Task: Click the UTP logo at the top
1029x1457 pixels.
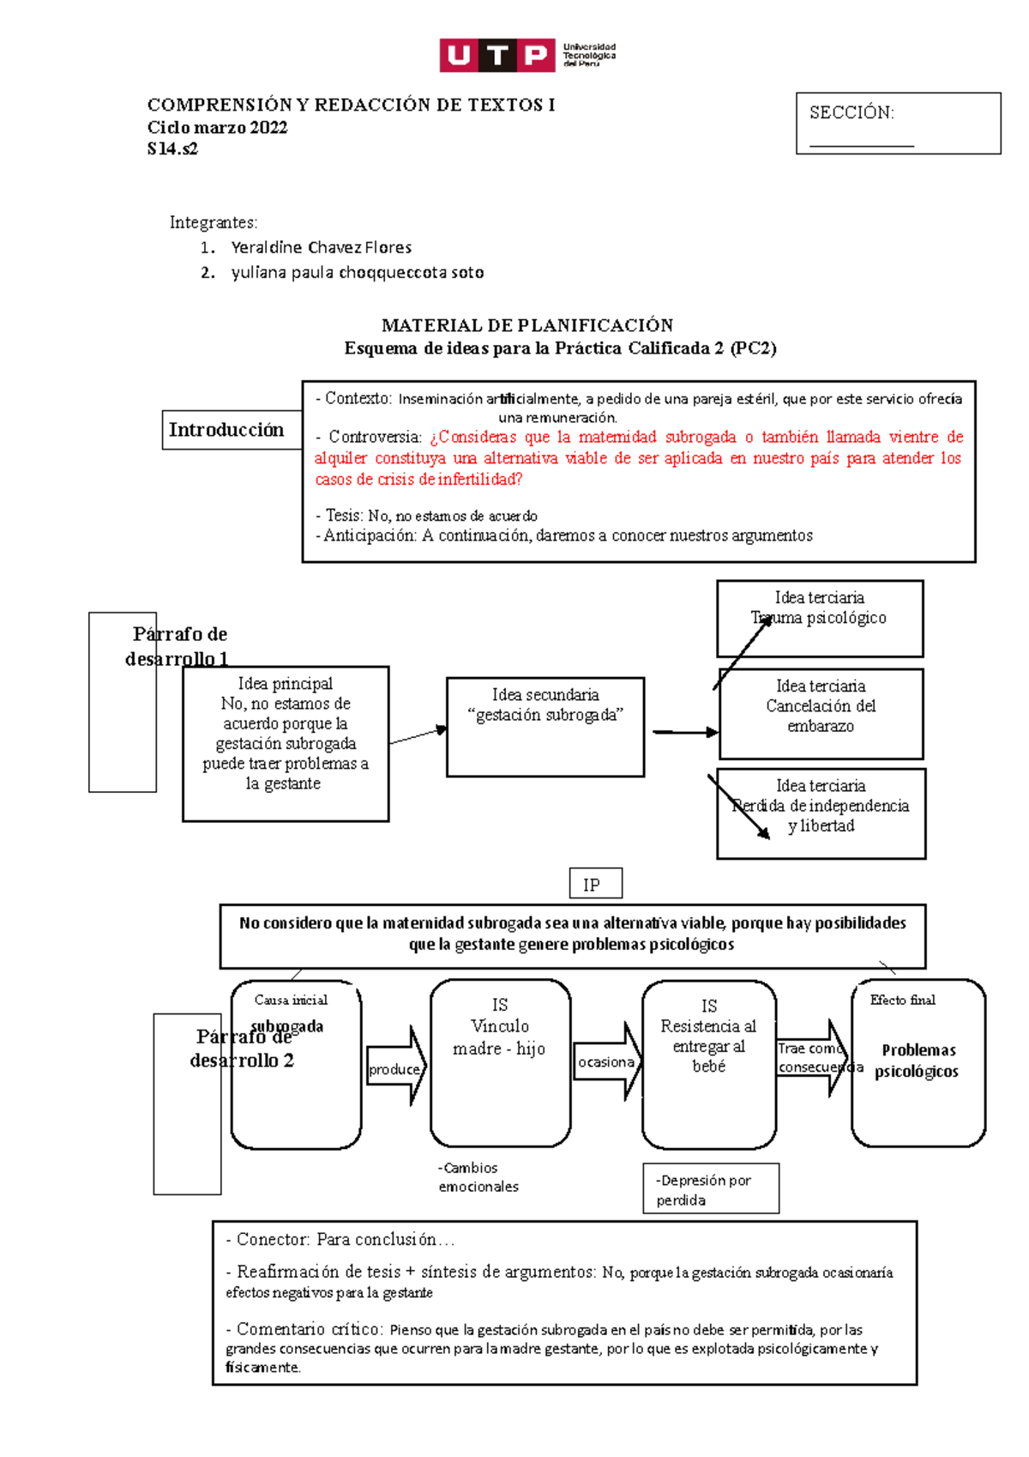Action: point(527,55)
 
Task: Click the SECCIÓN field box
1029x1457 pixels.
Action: point(897,124)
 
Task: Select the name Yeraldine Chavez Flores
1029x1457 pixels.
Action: point(321,248)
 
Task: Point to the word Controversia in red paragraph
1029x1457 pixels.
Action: point(375,437)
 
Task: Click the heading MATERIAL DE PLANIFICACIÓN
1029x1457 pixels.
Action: point(527,325)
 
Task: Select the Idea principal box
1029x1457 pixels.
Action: point(285,743)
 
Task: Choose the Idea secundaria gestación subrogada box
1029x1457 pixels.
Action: point(545,727)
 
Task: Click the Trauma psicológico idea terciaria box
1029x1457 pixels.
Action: point(819,619)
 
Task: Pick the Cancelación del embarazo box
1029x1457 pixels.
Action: point(821,713)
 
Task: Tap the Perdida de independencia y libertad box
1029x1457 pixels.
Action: point(821,813)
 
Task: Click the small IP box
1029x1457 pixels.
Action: point(595,884)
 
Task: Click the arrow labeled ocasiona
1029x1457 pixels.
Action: point(608,1061)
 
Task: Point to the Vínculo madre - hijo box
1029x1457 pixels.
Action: point(500,1062)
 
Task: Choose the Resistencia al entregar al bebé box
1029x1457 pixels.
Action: point(708,1063)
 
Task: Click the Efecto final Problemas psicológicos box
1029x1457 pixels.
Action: point(918,1062)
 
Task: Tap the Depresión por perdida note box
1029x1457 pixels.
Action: point(710,1189)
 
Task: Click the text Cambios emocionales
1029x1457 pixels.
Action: point(478,1177)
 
